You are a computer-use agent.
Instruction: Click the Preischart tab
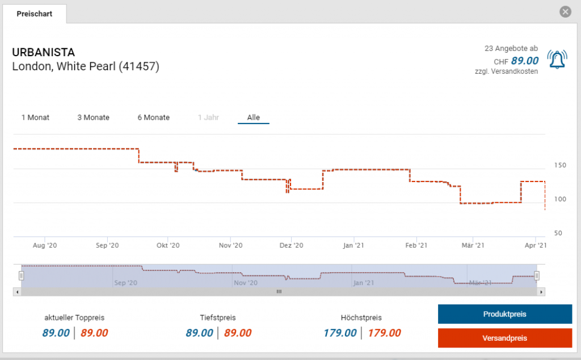pyautogui.click(x=35, y=14)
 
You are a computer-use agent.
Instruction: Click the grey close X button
pyautogui.click(x=565, y=12)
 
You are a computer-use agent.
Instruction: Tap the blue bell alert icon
pyautogui.click(x=557, y=59)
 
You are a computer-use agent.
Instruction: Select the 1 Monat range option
pyautogui.click(x=35, y=117)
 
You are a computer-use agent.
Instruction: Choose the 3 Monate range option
pyautogui.click(x=94, y=117)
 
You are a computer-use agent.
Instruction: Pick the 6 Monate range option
pyautogui.click(x=153, y=117)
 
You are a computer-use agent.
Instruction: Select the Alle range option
pyautogui.click(x=253, y=117)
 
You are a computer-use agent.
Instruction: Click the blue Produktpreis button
pyautogui.click(x=505, y=314)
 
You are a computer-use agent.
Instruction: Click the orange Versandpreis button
pyautogui.click(x=505, y=338)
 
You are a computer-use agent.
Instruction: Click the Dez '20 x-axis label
pyautogui.click(x=292, y=245)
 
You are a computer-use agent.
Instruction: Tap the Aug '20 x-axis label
pyautogui.click(x=45, y=245)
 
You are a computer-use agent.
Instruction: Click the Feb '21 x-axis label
pyautogui.click(x=416, y=245)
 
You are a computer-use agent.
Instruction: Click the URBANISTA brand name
pyautogui.click(x=43, y=53)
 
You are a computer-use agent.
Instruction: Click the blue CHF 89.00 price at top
pyautogui.click(x=524, y=61)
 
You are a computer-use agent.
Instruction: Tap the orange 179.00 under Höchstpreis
pyautogui.click(x=384, y=333)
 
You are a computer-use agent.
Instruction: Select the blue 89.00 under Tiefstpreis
pyautogui.click(x=200, y=333)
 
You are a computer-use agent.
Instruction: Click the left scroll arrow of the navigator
pyautogui.click(x=17, y=291)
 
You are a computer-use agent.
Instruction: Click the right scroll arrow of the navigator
pyautogui.click(x=541, y=291)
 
